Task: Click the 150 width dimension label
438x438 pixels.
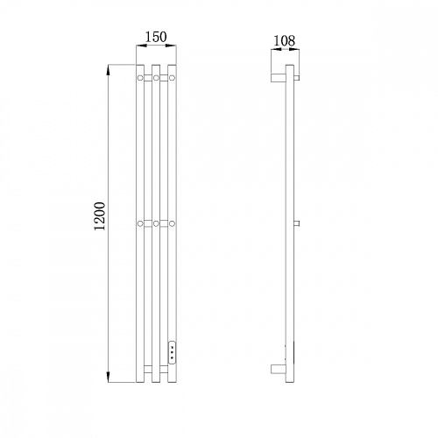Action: (156, 37)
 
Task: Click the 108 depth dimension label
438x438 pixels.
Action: (284, 40)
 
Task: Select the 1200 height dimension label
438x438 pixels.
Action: (100, 216)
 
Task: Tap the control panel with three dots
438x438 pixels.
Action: (173, 352)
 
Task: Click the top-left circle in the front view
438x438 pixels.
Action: (140, 78)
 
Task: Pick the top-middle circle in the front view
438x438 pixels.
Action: (156, 78)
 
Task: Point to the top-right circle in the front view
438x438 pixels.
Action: (173, 78)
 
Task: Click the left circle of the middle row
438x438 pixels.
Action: (140, 223)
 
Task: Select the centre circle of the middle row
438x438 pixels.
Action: (156, 223)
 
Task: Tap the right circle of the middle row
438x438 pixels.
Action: (173, 223)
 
